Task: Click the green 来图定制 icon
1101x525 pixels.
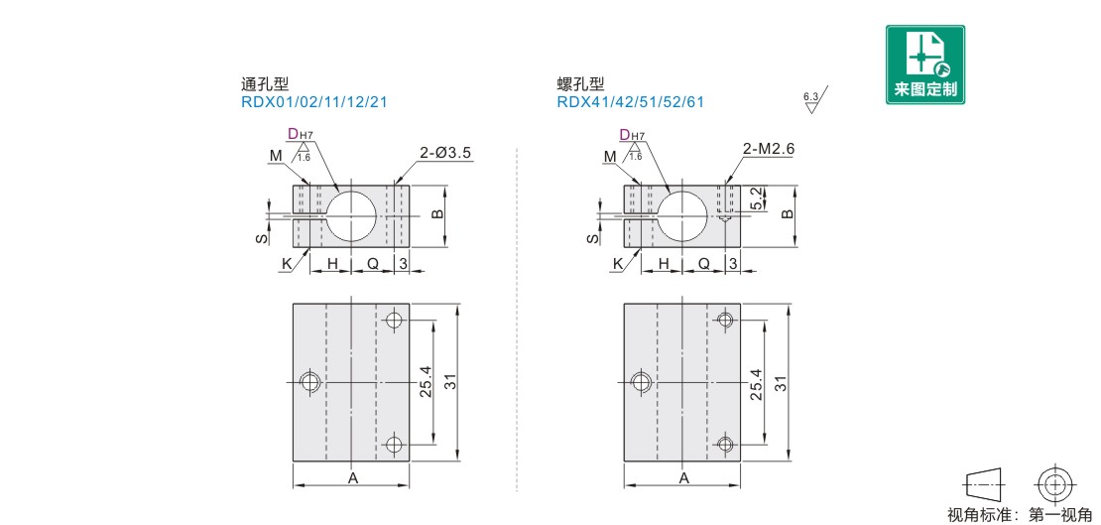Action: coord(924,65)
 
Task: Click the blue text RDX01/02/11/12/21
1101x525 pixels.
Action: coord(313,102)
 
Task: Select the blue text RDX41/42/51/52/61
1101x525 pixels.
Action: coord(630,102)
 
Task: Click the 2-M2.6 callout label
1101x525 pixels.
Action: coord(768,149)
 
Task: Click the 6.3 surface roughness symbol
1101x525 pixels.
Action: coord(814,100)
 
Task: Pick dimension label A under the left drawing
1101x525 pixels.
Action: coord(353,478)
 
